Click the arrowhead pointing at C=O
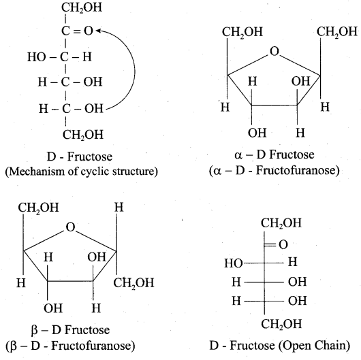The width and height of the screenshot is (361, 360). point(98,31)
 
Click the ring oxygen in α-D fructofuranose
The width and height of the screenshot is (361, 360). point(274,51)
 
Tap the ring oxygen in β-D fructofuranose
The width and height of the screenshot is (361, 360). point(70,227)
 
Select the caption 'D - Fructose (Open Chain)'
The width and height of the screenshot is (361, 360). point(280,346)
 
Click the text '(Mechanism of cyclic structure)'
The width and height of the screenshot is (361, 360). point(82,171)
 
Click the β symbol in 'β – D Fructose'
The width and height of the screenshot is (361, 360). point(34,330)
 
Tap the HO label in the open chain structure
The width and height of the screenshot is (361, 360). point(234,263)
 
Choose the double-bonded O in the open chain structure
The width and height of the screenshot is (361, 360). point(283,244)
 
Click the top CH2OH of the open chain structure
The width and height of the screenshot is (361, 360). point(281,223)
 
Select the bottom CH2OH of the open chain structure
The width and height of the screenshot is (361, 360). point(281,324)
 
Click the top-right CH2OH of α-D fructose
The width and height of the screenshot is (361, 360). point(337,32)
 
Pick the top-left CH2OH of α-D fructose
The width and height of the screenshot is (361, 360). point(242,32)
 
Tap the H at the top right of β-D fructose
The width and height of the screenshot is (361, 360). point(119,208)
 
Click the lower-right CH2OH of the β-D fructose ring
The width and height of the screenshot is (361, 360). point(134,283)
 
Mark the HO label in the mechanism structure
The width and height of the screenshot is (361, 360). point(36,56)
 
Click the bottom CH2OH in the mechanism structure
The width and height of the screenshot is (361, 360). point(83,135)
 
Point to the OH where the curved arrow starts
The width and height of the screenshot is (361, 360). point(94,108)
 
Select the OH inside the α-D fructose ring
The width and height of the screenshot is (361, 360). point(300,81)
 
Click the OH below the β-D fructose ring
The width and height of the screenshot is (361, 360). point(53,308)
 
